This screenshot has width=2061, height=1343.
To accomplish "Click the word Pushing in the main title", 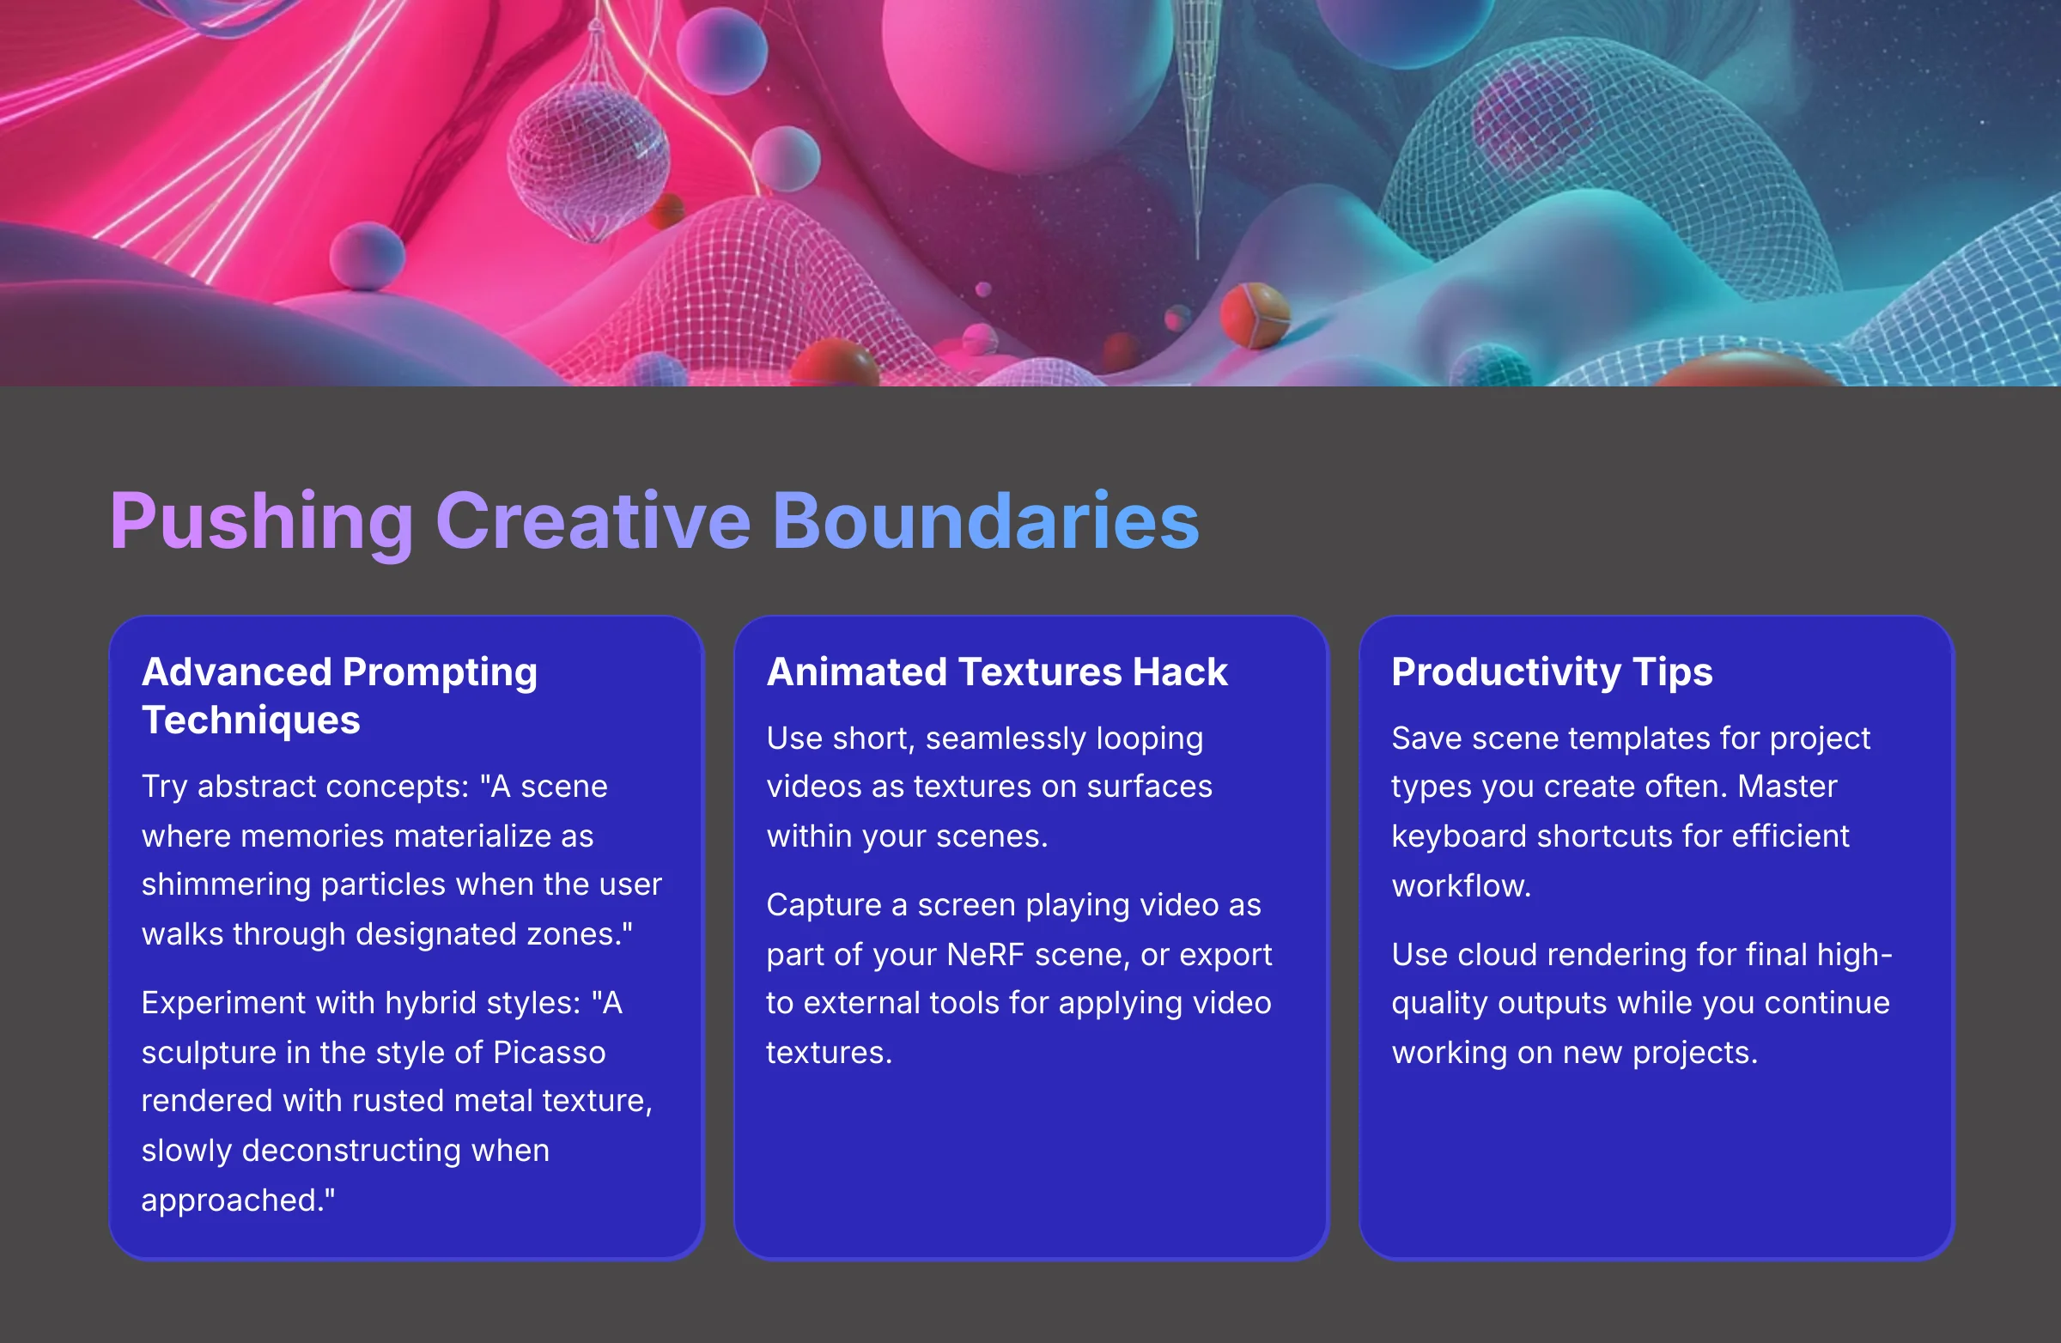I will click(261, 521).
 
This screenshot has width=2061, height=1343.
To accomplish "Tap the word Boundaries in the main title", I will click(985, 521).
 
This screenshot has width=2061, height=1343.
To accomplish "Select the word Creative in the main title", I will click(593, 521).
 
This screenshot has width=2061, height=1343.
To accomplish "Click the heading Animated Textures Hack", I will click(997, 673).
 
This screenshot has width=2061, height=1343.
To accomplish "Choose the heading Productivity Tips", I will click(1551, 673).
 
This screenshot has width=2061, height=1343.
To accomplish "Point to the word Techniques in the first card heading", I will click(250, 720).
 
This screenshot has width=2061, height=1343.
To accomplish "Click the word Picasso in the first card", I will click(549, 1052).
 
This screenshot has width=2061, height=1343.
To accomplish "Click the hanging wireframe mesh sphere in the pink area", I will click(589, 161).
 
